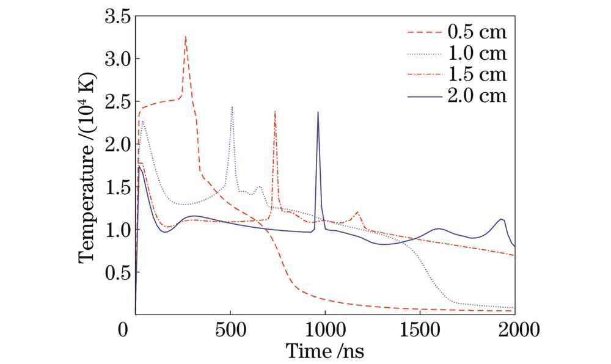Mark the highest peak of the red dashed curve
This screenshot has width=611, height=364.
coord(185,37)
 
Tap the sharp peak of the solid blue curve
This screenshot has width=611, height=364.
coord(318,112)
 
